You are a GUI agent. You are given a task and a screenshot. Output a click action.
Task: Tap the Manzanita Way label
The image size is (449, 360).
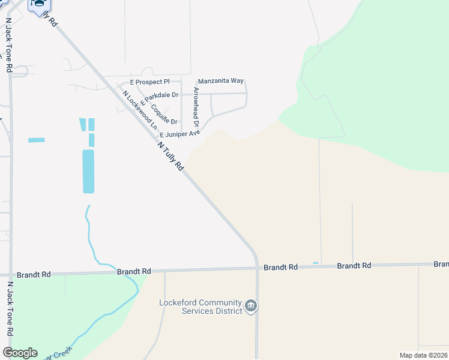pos(220,80)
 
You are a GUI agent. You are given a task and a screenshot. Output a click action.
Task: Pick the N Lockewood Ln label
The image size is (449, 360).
pos(139,110)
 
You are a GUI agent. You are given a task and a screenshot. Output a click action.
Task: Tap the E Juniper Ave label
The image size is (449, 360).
pos(179,134)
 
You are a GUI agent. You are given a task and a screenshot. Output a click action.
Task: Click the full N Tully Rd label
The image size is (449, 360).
pos(170,157)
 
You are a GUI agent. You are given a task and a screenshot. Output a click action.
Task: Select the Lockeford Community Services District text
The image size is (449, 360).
pos(200,307)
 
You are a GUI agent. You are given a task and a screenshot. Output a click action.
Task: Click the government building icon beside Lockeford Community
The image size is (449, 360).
pos(252,307)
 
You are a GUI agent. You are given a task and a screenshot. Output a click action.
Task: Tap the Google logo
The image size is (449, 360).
pos(20,353)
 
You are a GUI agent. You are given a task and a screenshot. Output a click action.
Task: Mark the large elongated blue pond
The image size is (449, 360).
pos(88,171)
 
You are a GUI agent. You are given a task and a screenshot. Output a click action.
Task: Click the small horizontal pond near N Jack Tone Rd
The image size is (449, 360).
pos(36,140)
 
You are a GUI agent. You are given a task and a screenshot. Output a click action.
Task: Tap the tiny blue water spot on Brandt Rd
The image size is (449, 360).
pos(316,263)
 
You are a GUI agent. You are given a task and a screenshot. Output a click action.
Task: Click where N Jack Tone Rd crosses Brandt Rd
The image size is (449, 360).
pos(10,274)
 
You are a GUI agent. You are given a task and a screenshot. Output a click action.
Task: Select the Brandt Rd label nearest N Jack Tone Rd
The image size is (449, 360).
pos(33,274)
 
